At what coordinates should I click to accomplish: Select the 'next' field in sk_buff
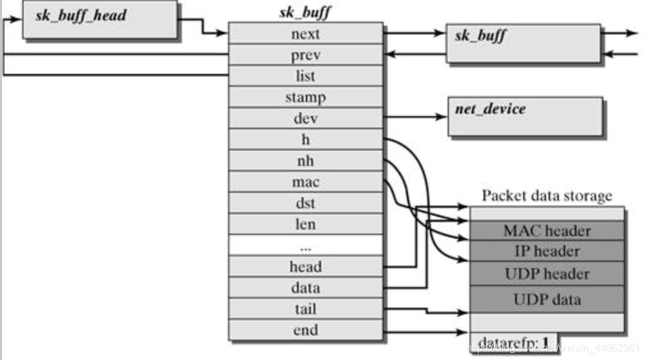coord(305,34)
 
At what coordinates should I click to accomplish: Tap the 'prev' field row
coord(305,55)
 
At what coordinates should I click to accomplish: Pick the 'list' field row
coord(305,76)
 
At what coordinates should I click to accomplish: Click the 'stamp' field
coord(305,98)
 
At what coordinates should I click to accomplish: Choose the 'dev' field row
coord(305,119)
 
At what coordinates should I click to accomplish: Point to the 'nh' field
coord(305,161)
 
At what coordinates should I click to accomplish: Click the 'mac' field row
coord(305,182)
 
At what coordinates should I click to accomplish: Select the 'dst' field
coord(305,204)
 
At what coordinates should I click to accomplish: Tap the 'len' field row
coord(305,225)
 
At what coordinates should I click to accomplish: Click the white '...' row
coord(305,245)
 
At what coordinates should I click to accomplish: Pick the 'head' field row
coord(305,267)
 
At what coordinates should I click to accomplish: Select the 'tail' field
coord(305,310)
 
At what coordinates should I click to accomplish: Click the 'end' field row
coord(305,331)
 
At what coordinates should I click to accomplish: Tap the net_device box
coord(525,116)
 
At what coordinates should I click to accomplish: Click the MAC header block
coord(547,230)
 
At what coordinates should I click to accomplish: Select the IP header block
coord(547,251)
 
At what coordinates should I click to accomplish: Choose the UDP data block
coord(547,299)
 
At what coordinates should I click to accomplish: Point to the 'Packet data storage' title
coord(547,195)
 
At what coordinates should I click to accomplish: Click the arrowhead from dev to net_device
coord(442,117)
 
